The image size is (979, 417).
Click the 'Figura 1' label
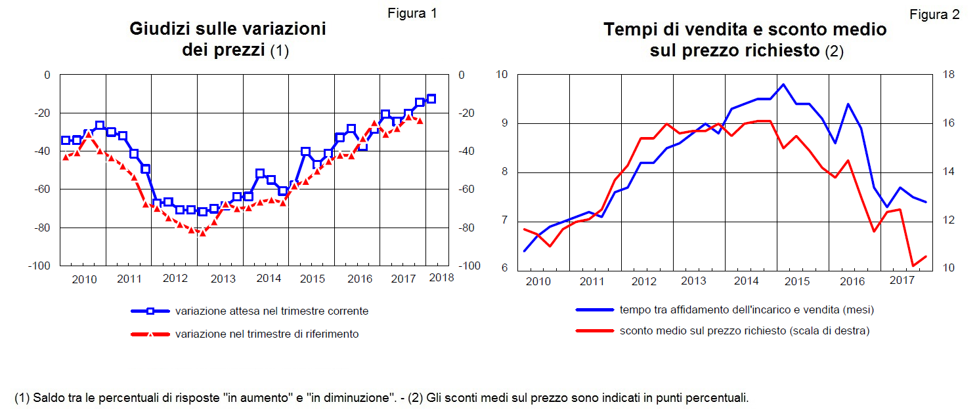click(x=412, y=13)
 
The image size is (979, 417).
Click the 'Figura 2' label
click(x=934, y=14)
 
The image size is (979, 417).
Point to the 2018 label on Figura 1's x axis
click(x=441, y=277)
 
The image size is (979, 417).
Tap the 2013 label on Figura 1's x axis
click(x=223, y=279)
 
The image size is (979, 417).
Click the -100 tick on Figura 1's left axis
click(x=39, y=266)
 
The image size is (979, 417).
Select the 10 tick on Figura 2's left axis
click(x=502, y=74)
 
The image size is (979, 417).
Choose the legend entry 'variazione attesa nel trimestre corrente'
click(x=272, y=311)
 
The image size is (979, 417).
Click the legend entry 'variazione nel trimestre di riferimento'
click(x=267, y=334)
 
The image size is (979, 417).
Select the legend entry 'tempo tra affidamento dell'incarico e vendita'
click(x=747, y=309)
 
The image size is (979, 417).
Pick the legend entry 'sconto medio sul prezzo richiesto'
click(x=745, y=331)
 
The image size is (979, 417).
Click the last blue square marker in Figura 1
click(x=431, y=99)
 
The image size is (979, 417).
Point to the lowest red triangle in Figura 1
click(x=202, y=233)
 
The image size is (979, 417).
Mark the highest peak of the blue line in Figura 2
click(x=783, y=84)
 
